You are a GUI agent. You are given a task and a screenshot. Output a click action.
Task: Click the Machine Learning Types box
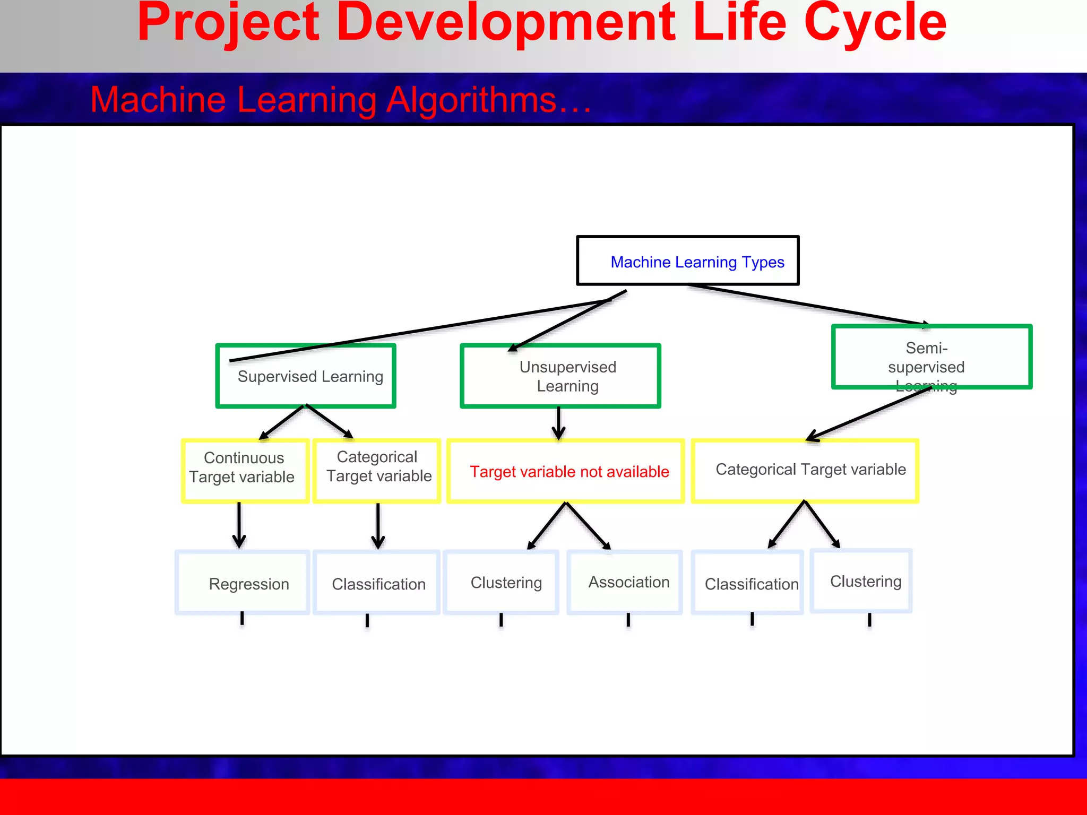pos(687,261)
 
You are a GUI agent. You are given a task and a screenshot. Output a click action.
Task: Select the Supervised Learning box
pos(306,376)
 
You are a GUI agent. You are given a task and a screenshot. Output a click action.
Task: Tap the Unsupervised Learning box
pos(560,376)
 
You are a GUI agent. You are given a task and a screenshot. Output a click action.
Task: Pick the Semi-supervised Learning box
pos(931,357)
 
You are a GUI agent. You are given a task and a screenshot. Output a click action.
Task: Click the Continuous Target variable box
pos(245,471)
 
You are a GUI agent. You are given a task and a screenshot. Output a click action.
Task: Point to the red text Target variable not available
pos(569,472)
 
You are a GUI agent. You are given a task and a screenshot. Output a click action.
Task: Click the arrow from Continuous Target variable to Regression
pos(239,525)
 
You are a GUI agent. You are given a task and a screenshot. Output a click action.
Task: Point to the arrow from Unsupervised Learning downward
pos(558,423)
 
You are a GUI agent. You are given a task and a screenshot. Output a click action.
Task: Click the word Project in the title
pos(228,24)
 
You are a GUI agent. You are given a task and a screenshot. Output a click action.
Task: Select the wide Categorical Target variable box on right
pos(805,470)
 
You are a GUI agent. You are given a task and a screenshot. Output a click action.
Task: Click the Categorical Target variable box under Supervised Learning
pos(377,471)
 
